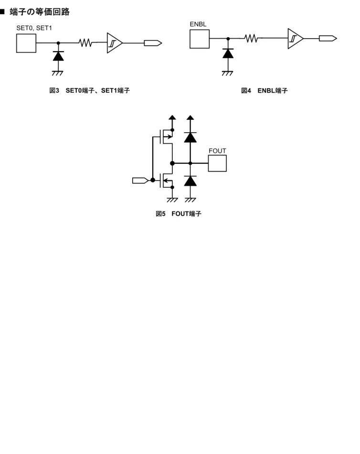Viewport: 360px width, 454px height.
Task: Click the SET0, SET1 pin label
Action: click(x=34, y=28)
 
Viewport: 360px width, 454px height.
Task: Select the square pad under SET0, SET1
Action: click(x=26, y=43)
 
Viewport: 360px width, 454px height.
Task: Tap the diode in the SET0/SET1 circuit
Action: click(x=58, y=56)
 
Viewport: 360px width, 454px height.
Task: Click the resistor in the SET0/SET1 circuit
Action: click(x=85, y=42)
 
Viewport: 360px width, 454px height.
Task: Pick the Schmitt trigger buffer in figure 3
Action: click(x=114, y=43)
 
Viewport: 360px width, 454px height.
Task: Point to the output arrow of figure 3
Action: click(x=153, y=43)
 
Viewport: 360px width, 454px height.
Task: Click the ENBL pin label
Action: click(x=198, y=24)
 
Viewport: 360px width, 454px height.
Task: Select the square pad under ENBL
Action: click(x=200, y=39)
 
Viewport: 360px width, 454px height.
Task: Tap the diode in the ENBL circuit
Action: click(x=228, y=53)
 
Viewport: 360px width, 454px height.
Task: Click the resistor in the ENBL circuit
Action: click(x=251, y=38)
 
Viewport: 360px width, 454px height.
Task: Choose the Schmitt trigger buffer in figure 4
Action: click(x=295, y=39)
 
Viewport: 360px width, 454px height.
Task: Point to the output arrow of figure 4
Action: click(x=328, y=39)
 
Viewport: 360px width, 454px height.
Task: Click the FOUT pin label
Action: click(x=217, y=151)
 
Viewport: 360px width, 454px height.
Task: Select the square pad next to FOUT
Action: click(x=217, y=163)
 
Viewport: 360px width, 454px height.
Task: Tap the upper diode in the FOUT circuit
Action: click(x=191, y=137)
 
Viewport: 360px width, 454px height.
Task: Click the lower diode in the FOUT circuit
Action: click(x=191, y=180)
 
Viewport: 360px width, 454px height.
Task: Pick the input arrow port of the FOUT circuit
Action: click(x=140, y=180)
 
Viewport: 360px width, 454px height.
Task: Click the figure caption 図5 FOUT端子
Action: click(x=179, y=214)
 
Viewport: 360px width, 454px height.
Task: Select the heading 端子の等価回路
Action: click(x=40, y=12)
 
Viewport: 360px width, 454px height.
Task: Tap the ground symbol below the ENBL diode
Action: click(x=228, y=73)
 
